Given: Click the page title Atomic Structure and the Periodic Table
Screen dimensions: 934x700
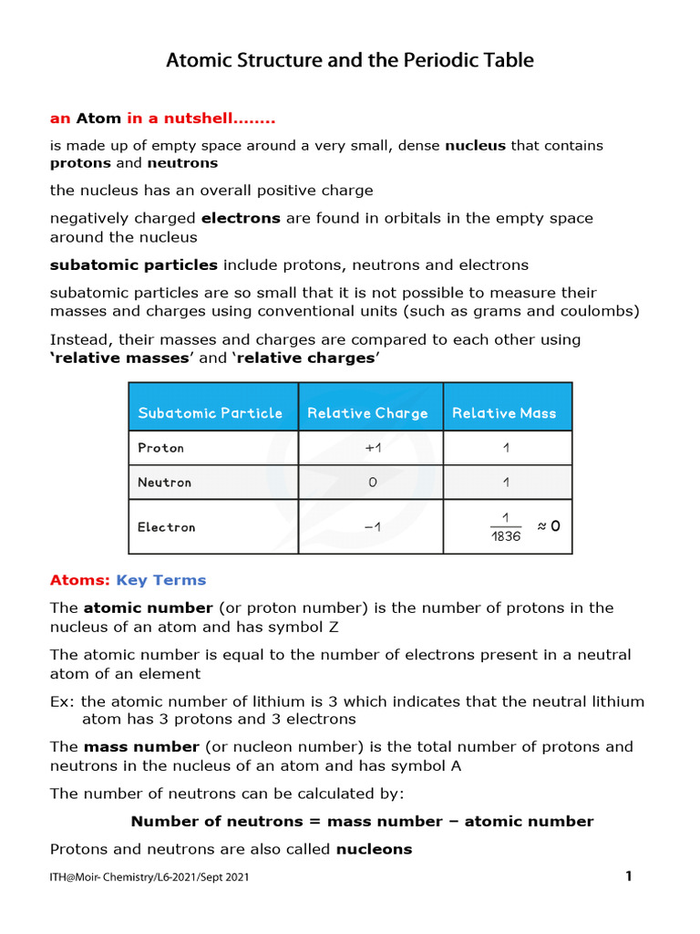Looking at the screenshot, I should pyautogui.click(x=349, y=61).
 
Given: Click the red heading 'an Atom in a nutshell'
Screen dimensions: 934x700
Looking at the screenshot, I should pyautogui.click(x=162, y=119).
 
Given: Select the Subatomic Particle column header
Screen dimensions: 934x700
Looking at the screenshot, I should pyautogui.click(x=211, y=413).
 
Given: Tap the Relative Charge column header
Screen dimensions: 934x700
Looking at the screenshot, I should pyautogui.click(x=367, y=413).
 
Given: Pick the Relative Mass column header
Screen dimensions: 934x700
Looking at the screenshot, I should pyautogui.click(x=504, y=413).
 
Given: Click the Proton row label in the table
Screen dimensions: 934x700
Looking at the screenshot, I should pyautogui.click(x=161, y=448).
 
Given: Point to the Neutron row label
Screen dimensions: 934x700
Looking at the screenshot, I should pyautogui.click(x=165, y=483).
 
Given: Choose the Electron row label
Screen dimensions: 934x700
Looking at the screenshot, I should pyautogui.click(x=167, y=527).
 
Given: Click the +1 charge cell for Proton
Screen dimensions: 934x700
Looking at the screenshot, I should pyautogui.click(x=371, y=448).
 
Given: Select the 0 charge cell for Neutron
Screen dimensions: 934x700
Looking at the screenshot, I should pyautogui.click(x=372, y=483).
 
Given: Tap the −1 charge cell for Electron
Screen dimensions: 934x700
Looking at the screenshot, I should pyautogui.click(x=371, y=527).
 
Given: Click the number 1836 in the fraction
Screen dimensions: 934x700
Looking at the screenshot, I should pyautogui.click(x=506, y=537).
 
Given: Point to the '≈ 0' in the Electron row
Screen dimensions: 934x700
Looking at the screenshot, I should pyautogui.click(x=549, y=526).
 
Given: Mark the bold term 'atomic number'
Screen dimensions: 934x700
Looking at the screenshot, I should pyautogui.click(x=136, y=607).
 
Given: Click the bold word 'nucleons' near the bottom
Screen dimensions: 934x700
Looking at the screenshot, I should pyautogui.click(x=374, y=849).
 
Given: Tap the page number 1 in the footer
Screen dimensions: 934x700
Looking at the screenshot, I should pyautogui.click(x=628, y=877).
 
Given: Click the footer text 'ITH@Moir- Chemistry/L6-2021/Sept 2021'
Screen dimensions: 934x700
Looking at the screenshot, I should pyautogui.click(x=149, y=877).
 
